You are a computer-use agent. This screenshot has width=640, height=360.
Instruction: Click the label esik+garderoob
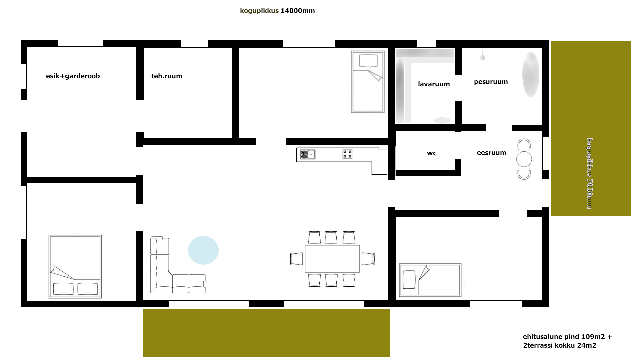click(x=73, y=76)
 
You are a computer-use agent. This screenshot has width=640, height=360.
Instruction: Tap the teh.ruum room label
click(x=167, y=76)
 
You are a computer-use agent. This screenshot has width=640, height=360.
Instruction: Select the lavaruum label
click(x=434, y=84)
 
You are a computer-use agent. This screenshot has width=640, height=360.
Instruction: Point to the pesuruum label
click(x=491, y=82)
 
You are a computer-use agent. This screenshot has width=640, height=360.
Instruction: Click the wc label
click(x=432, y=153)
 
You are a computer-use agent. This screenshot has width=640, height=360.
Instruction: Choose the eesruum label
click(x=491, y=153)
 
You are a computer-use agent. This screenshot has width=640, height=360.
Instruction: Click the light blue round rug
click(x=203, y=250)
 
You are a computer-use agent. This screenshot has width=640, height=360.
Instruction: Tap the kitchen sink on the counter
click(x=308, y=154)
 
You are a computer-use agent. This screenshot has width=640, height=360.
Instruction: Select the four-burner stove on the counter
click(x=347, y=154)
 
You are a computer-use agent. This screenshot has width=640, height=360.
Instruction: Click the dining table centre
click(x=332, y=259)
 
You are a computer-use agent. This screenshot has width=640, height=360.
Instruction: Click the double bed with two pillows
click(x=75, y=267)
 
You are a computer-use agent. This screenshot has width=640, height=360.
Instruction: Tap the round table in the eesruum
click(x=524, y=159)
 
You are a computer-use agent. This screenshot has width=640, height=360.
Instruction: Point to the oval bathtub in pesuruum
click(x=531, y=74)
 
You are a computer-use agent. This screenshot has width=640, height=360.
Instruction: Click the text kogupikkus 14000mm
click(x=277, y=11)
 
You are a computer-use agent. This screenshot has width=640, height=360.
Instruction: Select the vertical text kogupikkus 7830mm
click(x=590, y=173)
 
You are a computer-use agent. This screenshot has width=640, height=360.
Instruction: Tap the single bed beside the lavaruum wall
click(x=368, y=82)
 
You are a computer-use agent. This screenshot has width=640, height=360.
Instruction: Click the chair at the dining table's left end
click(x=297, y=259)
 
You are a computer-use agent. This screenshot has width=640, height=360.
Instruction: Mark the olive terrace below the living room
click(x=266, y=333)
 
